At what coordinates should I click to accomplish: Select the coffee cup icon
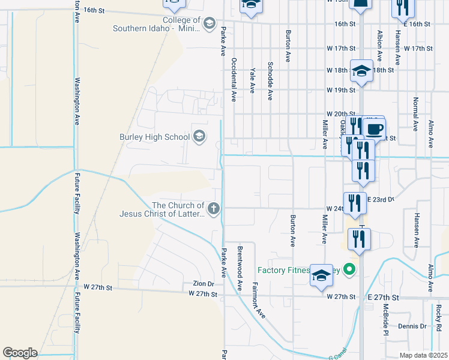(x=375, y=130)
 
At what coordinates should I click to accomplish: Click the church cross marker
(x=214, y=209)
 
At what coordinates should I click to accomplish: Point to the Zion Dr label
(x=203, y=283)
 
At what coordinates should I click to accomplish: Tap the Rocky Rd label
(x=439, y=316)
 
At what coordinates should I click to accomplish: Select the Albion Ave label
(x=379, y=47)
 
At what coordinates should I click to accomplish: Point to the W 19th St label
(x=341, y=89)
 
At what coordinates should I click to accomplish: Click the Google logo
(x=20, y=353)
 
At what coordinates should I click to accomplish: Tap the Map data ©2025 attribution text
(x=423, y=355)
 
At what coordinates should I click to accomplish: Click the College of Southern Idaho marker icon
(x=209, y=24)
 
